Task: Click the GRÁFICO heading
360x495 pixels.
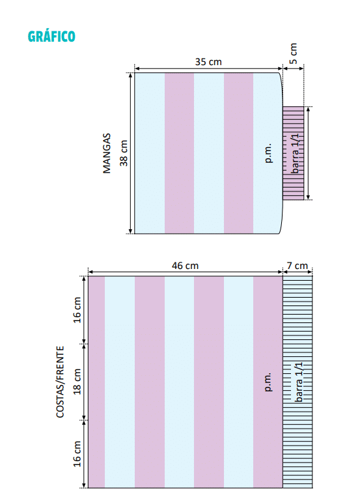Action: [51, 36]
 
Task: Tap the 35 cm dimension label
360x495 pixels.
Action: [208, 62]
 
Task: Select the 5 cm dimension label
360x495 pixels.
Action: [293, 53]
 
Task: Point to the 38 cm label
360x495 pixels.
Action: [124, 153]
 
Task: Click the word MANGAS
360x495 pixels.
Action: [107, 153]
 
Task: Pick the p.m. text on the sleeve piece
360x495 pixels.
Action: [268, 153]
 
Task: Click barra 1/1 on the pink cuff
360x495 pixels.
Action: [295, 153]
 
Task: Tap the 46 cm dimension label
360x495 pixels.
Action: [185, 266]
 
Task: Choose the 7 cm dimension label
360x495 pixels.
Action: [298, 266]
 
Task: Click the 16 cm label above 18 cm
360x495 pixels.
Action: [77, 309]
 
